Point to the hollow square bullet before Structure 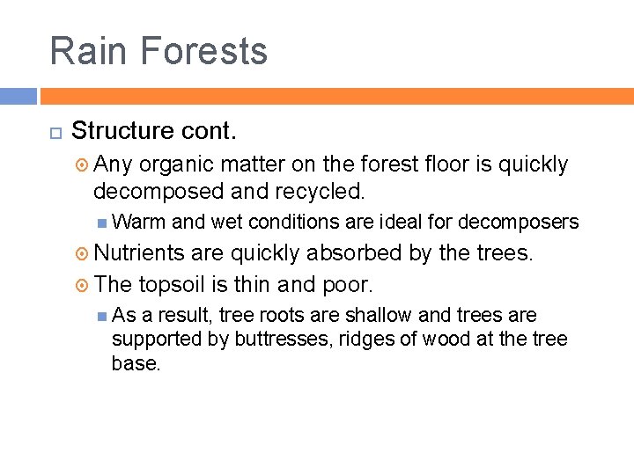[55, 132]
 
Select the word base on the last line [135, 362]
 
